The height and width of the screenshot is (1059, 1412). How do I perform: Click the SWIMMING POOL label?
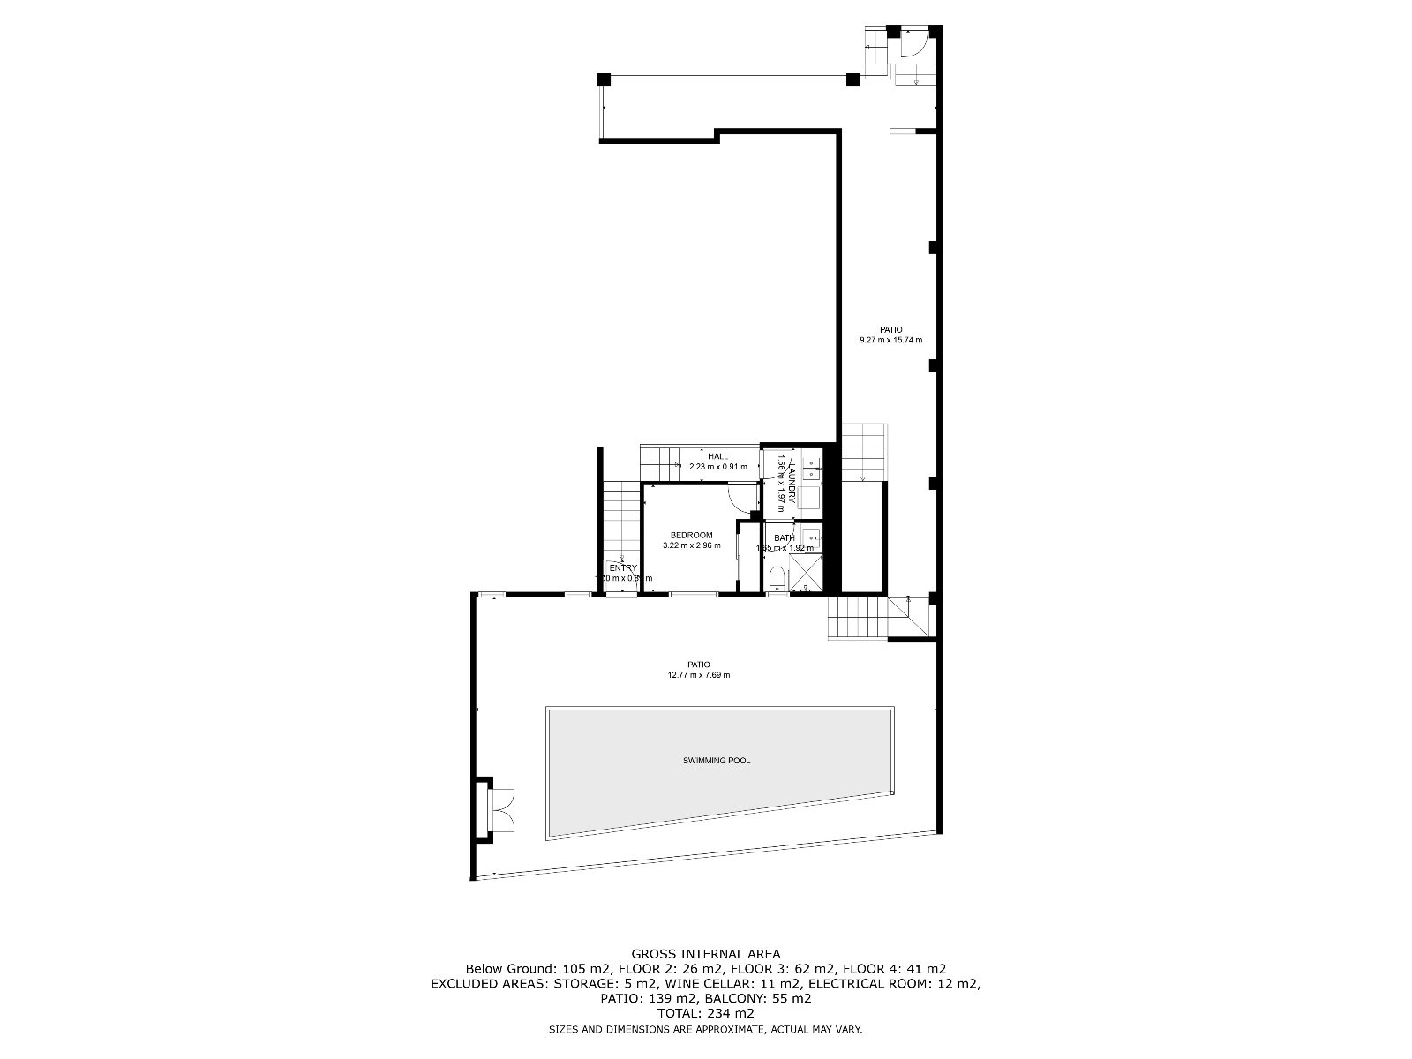click(x=717, y=760)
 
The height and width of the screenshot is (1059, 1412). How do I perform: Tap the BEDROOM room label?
click(x=691, y=535)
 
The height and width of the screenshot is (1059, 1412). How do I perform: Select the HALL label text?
click(x=717, y=456)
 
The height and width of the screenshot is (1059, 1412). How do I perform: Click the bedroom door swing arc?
click(x=740, y=499)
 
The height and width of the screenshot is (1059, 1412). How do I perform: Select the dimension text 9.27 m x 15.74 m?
click(x=890, y=340)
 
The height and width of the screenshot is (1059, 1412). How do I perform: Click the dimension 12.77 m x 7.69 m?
click(x=699, y=675)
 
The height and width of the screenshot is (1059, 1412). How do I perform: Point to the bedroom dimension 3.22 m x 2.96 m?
click(x=691, y=545)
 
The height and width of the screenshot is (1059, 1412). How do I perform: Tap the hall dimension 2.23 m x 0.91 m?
click(x=717, y=467)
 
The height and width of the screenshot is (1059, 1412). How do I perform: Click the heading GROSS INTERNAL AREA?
click(x=705, y=954)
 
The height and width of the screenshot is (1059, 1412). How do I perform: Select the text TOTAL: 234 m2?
click(x=705, y=1014)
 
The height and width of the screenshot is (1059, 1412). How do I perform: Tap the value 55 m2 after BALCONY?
click(x=792, y=999)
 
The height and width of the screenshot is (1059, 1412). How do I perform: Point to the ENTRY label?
click(x=622, y=568)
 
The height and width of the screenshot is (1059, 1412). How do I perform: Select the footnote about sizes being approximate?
click(x=705, y=1029)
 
